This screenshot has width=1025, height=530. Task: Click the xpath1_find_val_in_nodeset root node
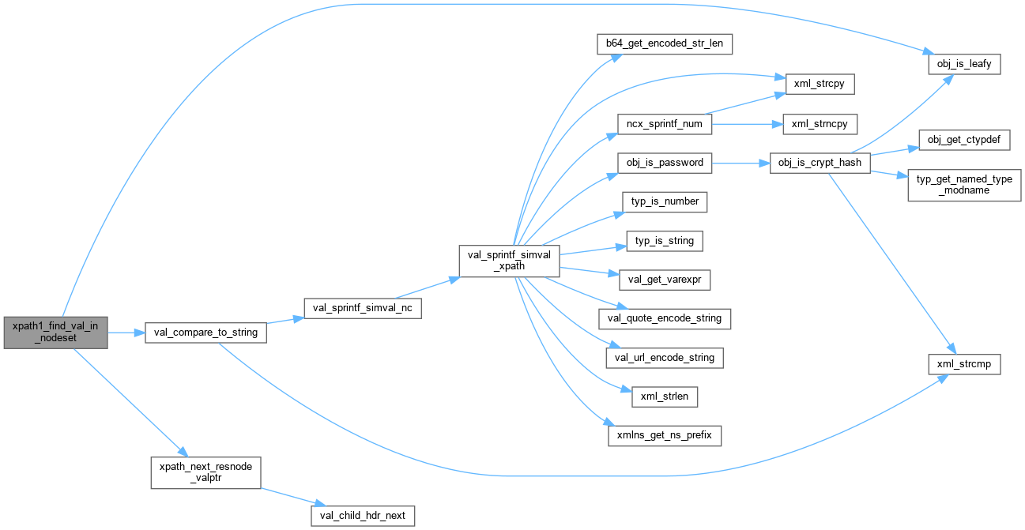pyautogui.click(x=55, y=333)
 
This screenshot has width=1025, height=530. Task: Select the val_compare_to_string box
pyautogui.click(x=205, y=333)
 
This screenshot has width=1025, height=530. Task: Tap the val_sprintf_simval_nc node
pyautogui.click(x=362, y=308)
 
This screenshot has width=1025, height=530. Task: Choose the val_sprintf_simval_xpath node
pyautogui.click(x=510, y=261)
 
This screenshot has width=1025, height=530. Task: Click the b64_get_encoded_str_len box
pyautogui.click(x=664, y=43)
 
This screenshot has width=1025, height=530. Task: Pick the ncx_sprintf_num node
pyautogui.click(x=665, y=124)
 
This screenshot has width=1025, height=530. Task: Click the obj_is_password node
pyautogui.click(x=665, y=163)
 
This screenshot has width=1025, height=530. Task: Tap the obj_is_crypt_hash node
pyautogui.click(x=820, y=163)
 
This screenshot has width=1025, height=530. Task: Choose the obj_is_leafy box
pyautogui.click(x=963, y=63)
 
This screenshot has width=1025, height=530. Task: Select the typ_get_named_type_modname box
pyautogui.click(x=964, y=185)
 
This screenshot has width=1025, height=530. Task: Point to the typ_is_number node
pyautogui.click(x=665, y=201)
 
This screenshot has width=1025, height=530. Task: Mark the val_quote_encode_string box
pyautogui.click(x=665, y=318)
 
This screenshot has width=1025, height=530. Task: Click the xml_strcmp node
pyautogui.click(x=963, y=364)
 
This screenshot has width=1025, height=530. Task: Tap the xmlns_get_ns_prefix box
pyautogui.click(x=665, y=434)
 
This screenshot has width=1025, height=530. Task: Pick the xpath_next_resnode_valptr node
pyautogui.click(x=205, y=472)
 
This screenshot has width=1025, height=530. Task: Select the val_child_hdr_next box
pyautogui.click(x=363, y=516)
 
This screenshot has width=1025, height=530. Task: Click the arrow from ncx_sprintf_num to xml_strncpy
pyautogui.click(x=743, y=124)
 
